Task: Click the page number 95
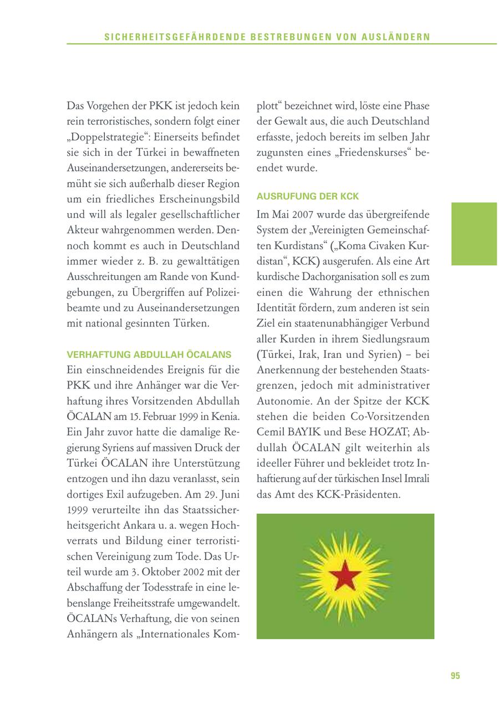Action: click(455, 676)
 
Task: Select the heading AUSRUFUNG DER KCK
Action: click(308, 196)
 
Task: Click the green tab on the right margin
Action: click(474, 234)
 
